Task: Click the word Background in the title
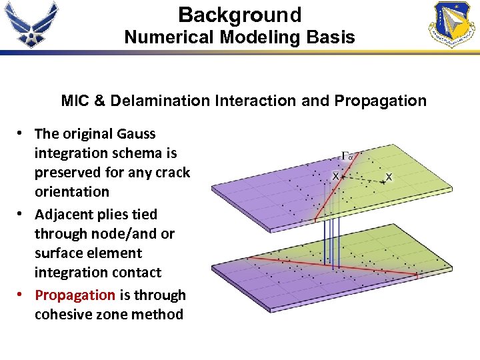point(240,15)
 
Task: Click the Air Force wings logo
point(31,24)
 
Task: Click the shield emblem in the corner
point(453,24)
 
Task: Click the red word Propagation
point(75,295)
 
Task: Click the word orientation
point(72,192)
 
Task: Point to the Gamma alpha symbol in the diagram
point(347,156)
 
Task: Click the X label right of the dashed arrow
point(389,177)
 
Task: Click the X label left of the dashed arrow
point(335,175)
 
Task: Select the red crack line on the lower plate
point(333,264)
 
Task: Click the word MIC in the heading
point(73,101)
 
